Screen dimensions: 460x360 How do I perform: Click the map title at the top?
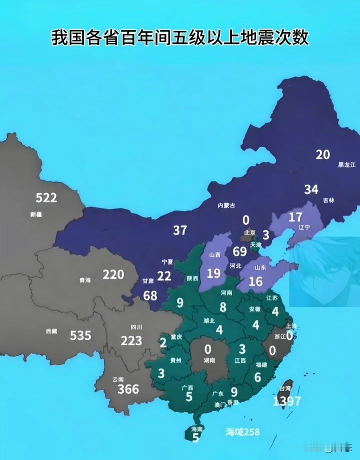tap(180, 37)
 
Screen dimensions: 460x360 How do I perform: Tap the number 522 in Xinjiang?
tap(46, 198)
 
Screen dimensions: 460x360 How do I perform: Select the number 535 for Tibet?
tap(80, 335)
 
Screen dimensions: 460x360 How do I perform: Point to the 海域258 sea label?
tap(242, 432)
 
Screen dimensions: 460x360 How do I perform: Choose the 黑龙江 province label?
tap(346, 164)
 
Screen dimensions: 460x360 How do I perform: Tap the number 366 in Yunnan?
tap(128, 389)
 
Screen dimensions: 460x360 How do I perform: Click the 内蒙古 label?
tap(226, 205)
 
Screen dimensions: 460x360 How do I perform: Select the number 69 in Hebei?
tap(240, 251)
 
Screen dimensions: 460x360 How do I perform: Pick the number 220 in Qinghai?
tap(113, 274)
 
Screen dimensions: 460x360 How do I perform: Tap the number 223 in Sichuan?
tap(131, 341)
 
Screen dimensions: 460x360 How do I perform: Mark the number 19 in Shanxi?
tap(213, 273)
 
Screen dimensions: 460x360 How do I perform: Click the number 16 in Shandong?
tap(255, 282)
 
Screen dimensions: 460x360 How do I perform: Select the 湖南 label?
tap(209, 360)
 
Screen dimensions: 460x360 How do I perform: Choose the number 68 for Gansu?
tap(150, 295)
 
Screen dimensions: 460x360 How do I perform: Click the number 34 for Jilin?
tap(311, 189)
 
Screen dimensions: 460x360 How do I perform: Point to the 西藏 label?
tap(51, 331)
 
